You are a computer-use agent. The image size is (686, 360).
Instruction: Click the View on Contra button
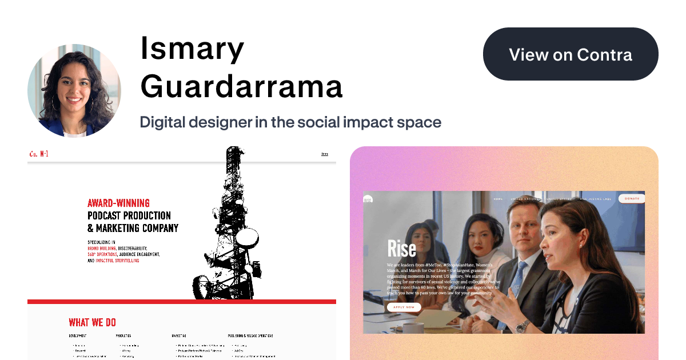(x=571, y=54)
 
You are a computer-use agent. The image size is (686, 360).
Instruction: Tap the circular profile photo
(x=74, y=91)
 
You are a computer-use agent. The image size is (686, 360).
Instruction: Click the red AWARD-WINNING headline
(x=118, y=203)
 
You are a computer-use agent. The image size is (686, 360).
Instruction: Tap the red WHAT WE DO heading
(x=92, y=322)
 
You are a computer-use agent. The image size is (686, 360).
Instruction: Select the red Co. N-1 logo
(x=38, y=154)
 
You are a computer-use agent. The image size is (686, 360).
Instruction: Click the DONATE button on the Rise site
(x=632, y=199)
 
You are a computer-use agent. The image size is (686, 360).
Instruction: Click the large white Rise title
(x=401, y=248)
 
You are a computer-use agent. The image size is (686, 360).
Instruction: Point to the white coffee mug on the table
(x=412, y=327)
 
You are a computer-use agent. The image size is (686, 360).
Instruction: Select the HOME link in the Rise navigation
(x=498, y=199)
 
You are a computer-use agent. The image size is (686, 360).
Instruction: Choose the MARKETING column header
(x=179, y=335)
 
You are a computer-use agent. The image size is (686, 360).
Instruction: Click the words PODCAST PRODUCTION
(x=129, y=215)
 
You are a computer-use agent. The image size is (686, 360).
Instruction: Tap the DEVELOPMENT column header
(x=78, y=335)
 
